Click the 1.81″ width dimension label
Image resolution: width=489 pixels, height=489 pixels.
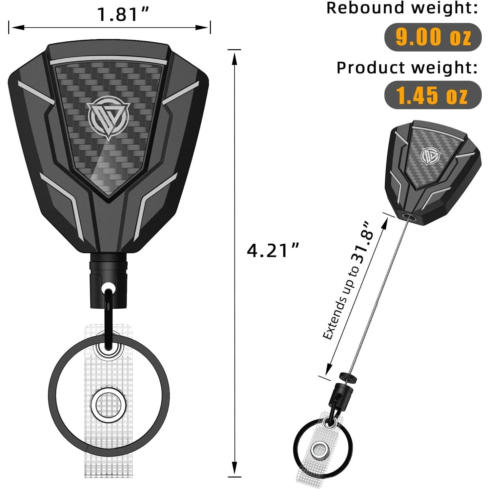(123, 14)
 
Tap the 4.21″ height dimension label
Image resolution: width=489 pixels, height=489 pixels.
(273, 251)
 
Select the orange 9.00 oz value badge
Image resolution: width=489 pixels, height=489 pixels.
(433, 37)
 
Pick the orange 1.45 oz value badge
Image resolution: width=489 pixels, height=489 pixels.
(433, 95)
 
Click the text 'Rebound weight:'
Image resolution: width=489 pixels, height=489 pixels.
(402, 8)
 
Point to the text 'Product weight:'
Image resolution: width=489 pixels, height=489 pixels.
(407, 68)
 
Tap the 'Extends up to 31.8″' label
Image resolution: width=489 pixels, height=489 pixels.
(348, 282)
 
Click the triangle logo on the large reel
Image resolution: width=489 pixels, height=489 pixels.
(109, 116)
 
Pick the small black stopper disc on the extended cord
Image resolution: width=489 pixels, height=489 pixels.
(348, 377)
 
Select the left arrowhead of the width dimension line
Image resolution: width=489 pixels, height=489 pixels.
(16, 28)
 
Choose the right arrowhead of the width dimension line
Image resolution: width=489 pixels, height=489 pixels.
(203, 28)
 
